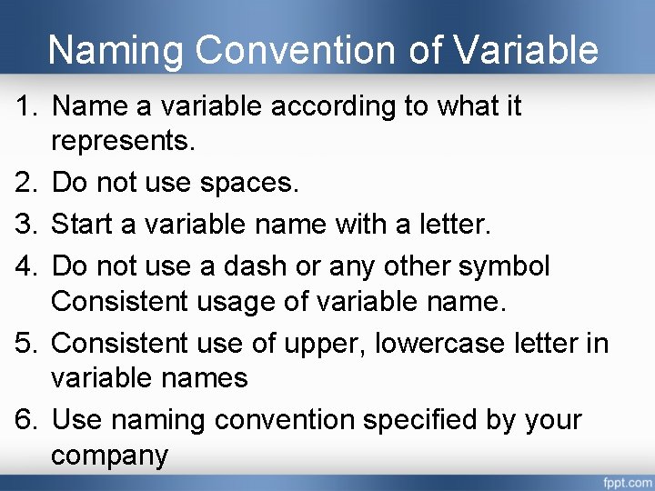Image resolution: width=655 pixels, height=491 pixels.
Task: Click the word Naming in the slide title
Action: point(116,50)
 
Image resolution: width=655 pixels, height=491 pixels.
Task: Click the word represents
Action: point(126,141)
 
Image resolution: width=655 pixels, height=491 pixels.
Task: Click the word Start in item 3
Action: point(86,225)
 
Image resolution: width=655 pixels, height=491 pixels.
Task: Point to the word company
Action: point(110,455)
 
